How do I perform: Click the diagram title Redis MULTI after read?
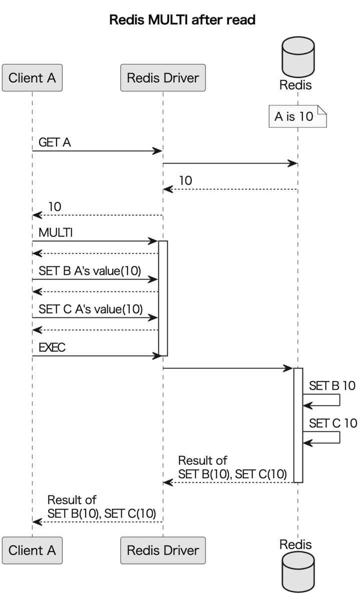[x=182, y=20]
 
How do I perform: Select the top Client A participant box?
[x=32, y=78]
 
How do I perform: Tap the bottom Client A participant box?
[x=32, y=550]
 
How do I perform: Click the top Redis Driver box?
[x=163, y=78]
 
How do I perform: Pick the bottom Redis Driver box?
[x=163, y=550]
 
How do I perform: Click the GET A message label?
[x=55, y=143]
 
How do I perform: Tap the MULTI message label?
[x=56, y=233]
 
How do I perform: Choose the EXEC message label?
[x=52, y=348]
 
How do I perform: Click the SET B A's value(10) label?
[x=90, y=271]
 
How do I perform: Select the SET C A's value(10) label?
[x=90, y=309]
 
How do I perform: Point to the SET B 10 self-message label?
[x=332, y=386]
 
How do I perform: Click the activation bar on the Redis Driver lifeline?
[x=163, y=298]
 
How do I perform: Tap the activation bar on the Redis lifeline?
[x=298, y=425]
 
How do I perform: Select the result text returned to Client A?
[x=101, y=507]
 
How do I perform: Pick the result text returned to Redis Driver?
[x=232, y=468]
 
